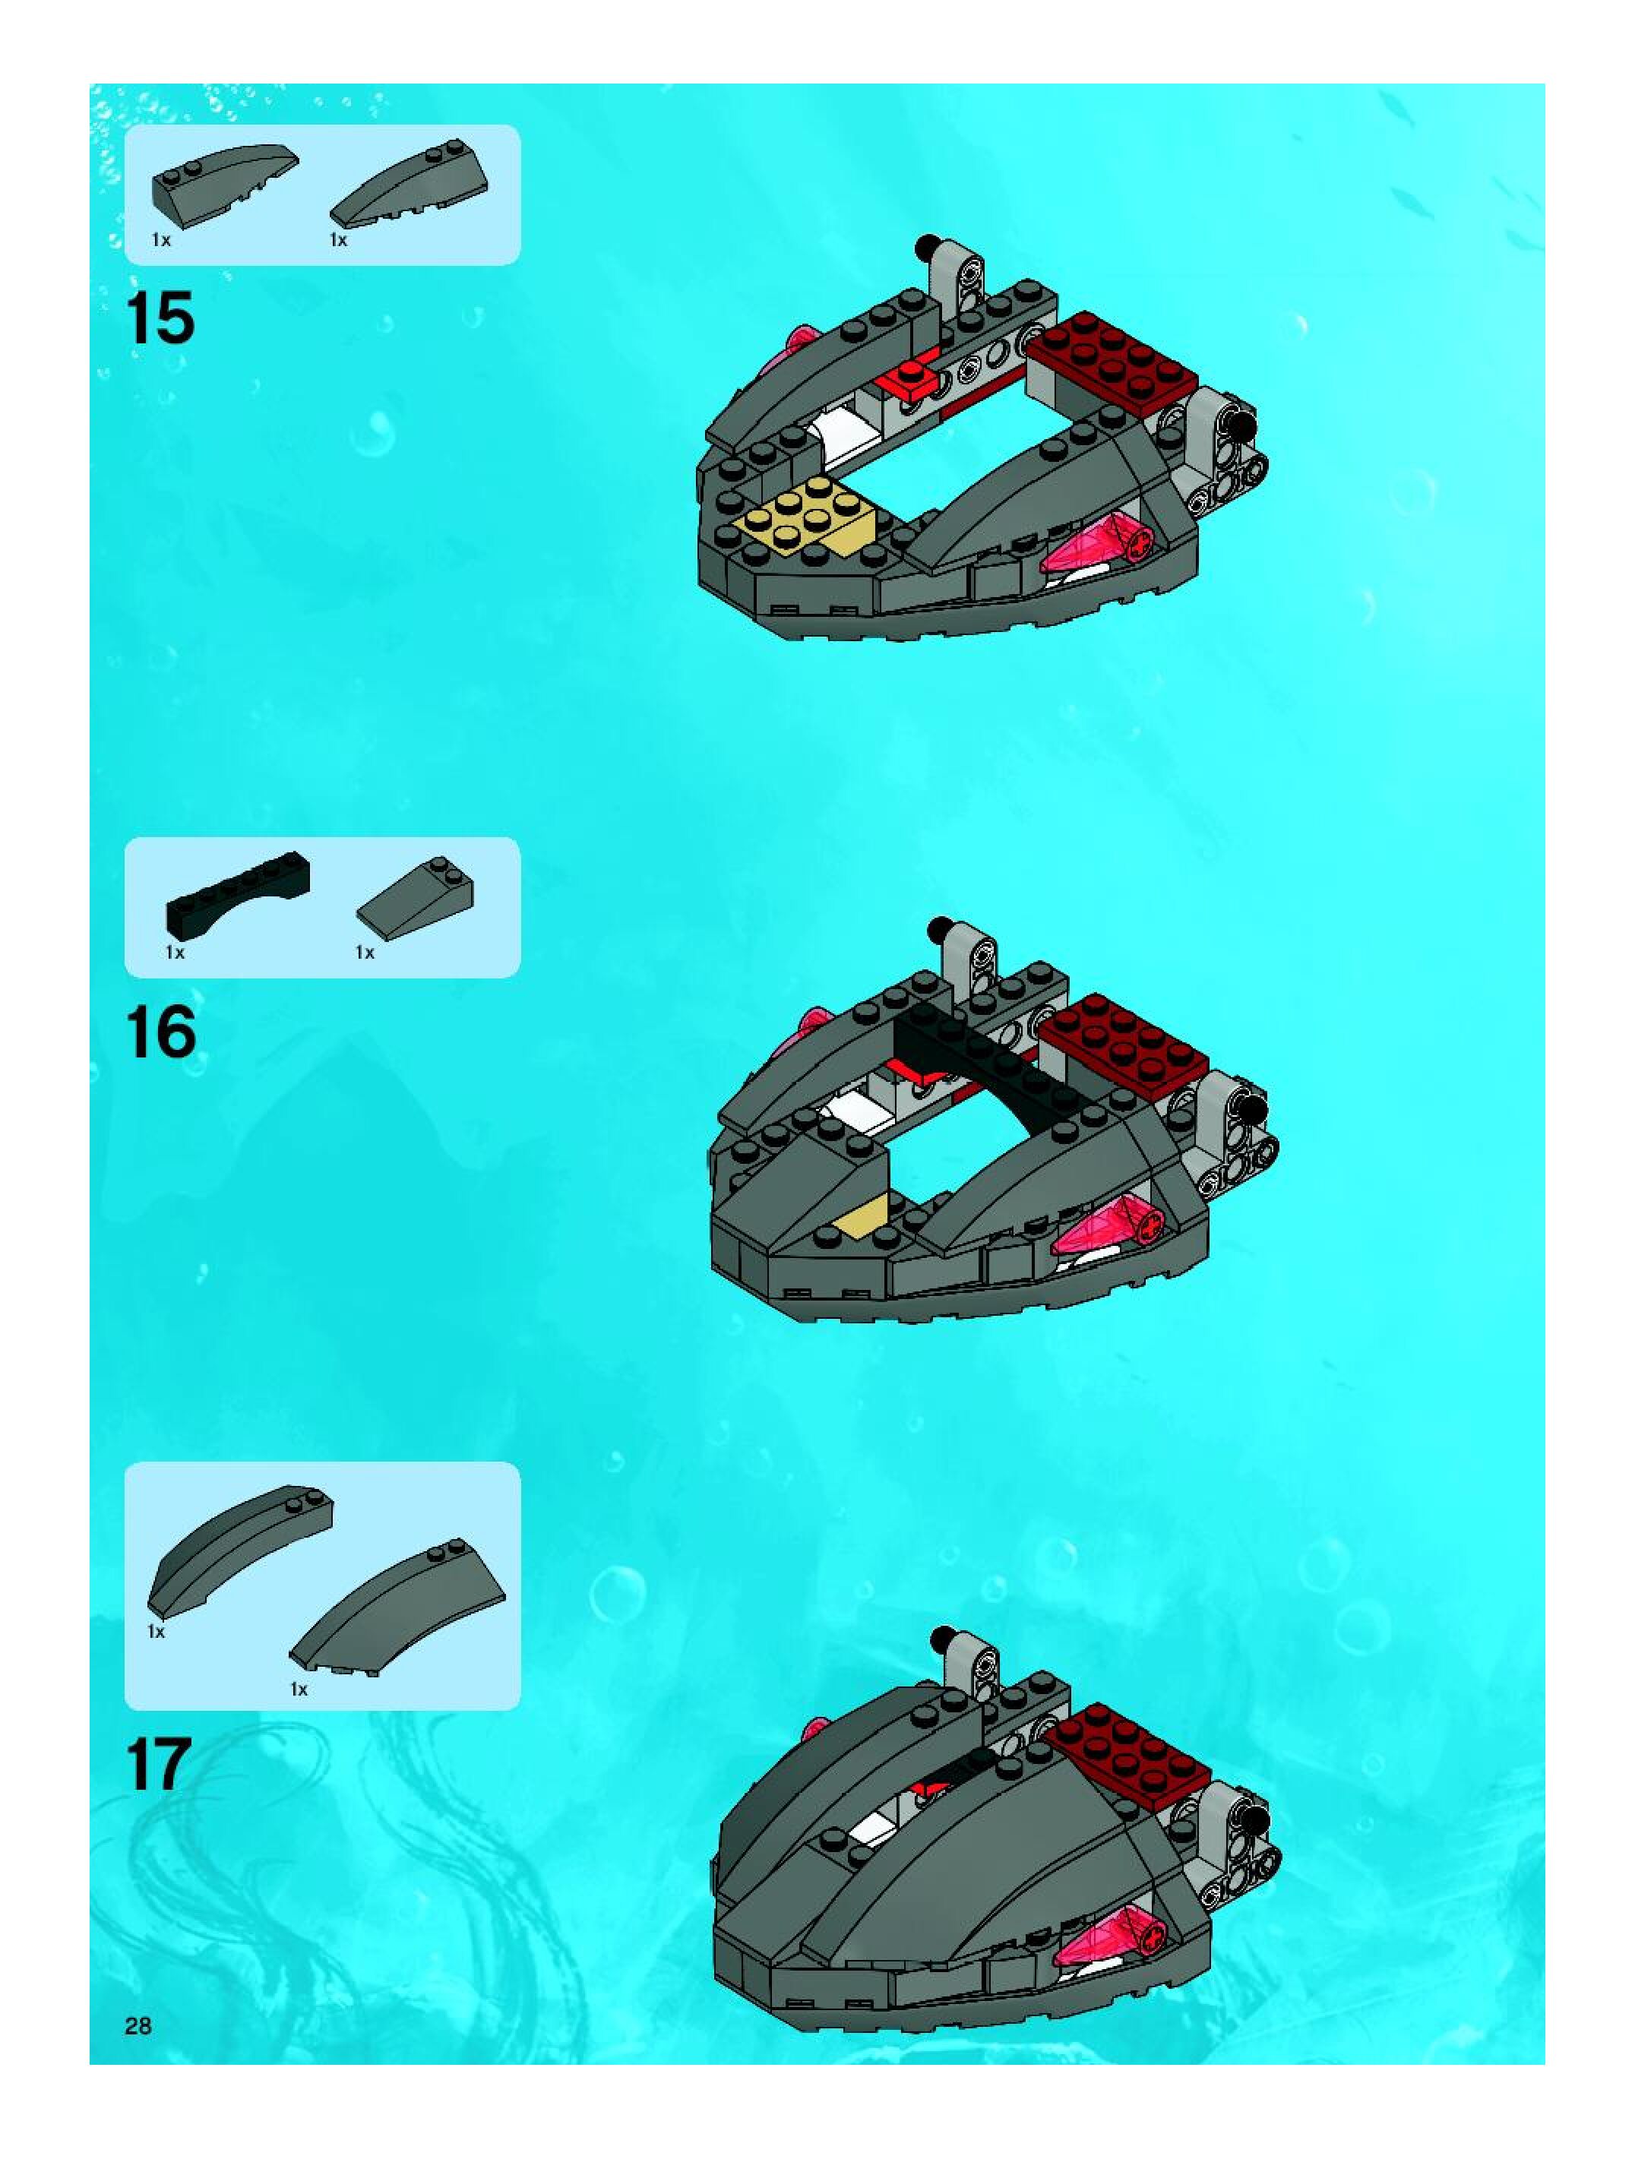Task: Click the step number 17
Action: pyautogui.click(x=158, y=1764)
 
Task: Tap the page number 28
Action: pyautogui.click(x=138, y=2025)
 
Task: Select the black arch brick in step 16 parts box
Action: pyautogui.click(x=239, y=892)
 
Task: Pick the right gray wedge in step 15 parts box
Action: pyautogui.click(x=410, y=186)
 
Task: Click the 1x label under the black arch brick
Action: pyautogui.click(x=175, y=952)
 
